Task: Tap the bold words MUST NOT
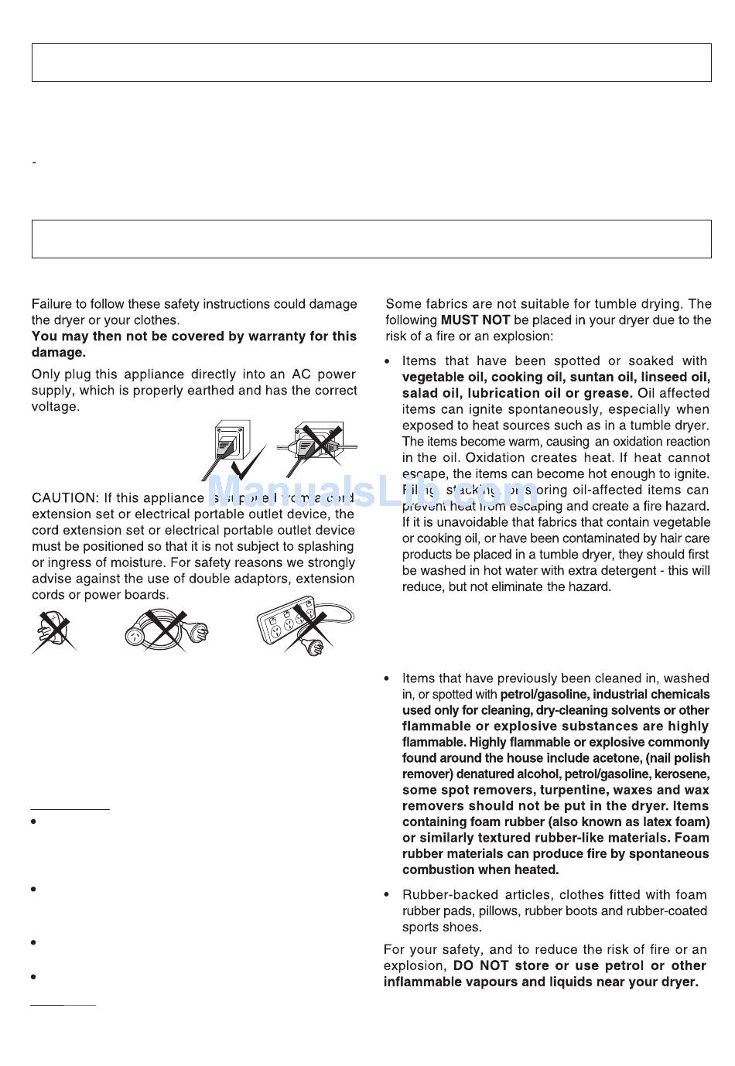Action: pos(475,320)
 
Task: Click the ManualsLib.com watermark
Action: pos(371,490)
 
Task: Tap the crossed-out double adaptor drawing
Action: pos(52,631)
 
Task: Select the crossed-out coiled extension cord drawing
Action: pos(166,630)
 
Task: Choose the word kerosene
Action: pos(682,774)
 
